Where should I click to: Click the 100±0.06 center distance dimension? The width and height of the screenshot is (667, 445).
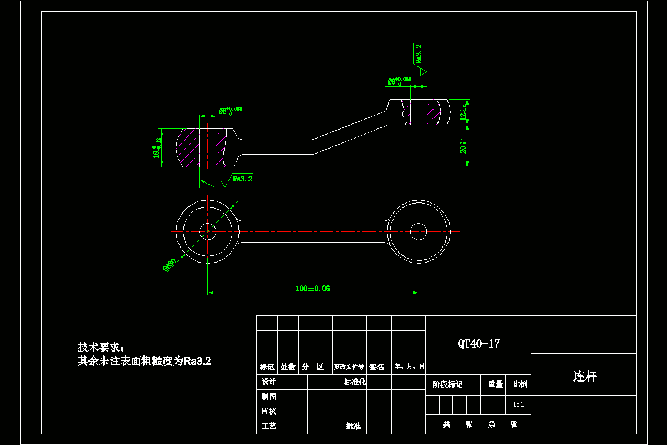pyautogui.click(x=313, y=288)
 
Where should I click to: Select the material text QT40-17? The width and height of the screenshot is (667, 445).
pyautogui.click(x=479, y=344)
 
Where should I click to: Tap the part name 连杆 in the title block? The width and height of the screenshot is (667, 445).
pyautogui.click(x=584, y=377)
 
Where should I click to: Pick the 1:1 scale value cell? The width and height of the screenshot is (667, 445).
pyautogui.click(x=519, y=405)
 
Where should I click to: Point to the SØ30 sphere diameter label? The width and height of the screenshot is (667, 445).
pyautogui.click(x=170, y=265)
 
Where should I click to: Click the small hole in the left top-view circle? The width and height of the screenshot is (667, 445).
pyautogui.click(x=207, y=231)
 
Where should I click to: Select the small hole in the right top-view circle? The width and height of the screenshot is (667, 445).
pyautogui.click(x=418, y=231)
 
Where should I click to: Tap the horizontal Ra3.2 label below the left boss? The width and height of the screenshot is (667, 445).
pyautogui.click(x=243, y=179)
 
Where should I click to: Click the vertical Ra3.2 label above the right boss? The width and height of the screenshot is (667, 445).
pyautogui.click(x=418, y=53)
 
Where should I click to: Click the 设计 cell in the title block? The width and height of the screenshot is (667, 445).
pyautogui.click(x=269, y=382)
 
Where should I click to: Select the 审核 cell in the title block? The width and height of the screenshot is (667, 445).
pyautogui.click(x=269, y=412)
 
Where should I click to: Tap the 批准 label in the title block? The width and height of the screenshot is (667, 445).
pyautogui.click(x=353, y=426)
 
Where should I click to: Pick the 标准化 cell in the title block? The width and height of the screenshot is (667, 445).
pyautogui.click(x=355, y=382)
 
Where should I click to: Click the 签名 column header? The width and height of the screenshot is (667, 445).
pyautogui.click(x=377, y=367)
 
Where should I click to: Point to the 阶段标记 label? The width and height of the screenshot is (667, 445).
pyautogui.click(x=447, y=384)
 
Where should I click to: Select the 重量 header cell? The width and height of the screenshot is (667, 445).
pyautogui.click(x=495, y=384)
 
